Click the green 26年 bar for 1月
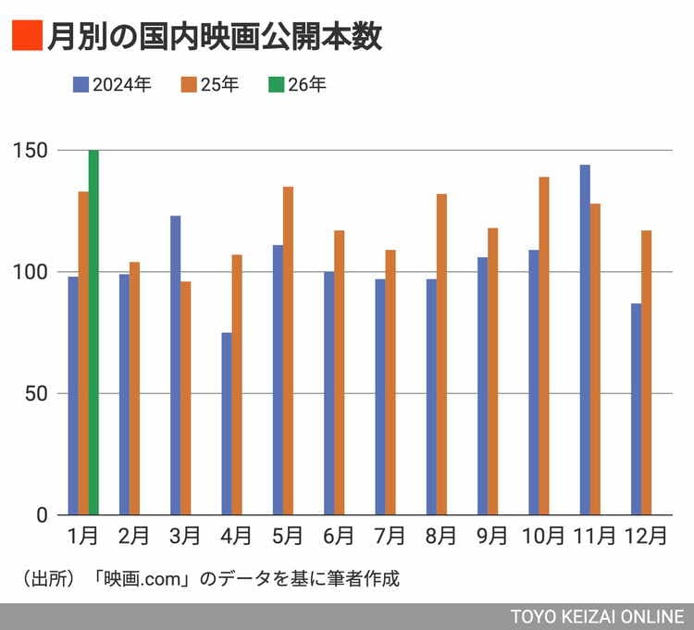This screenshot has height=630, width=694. [93, 332]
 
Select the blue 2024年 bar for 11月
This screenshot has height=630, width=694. [585, 340]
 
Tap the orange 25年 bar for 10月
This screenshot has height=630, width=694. [544, 345]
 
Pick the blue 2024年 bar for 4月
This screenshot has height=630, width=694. [227, 423]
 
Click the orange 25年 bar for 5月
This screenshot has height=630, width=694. [288, 351]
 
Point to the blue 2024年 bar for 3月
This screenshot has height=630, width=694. [176, 364]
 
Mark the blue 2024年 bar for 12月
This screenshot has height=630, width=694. [636, 409]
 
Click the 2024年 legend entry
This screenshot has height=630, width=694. [113, 85]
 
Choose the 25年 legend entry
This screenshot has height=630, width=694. [210, 85]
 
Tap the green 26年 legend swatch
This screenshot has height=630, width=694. [276, 85]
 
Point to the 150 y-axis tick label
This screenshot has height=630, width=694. [31, 150]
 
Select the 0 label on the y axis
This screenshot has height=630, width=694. [41, 515]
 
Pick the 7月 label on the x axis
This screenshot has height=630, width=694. [390, 537]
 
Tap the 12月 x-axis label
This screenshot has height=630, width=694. [646, 537]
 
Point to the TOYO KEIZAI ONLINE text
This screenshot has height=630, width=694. [596, 616]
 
